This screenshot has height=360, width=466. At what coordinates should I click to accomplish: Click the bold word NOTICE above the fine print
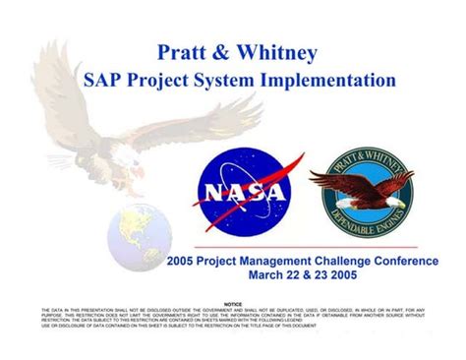coord(233,305)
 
